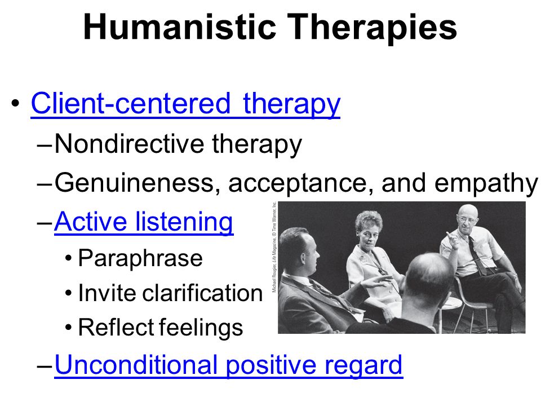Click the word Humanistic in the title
pos(180,27)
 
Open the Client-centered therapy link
pos(185,104)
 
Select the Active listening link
pos(144,222)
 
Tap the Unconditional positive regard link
pos(228,365)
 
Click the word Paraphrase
pos(140,259)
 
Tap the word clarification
pos(202,293)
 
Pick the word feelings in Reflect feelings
pos(202,328)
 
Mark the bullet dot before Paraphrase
pos(68,258)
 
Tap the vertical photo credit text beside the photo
pos(274,247)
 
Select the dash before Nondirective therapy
pos(44,145)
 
